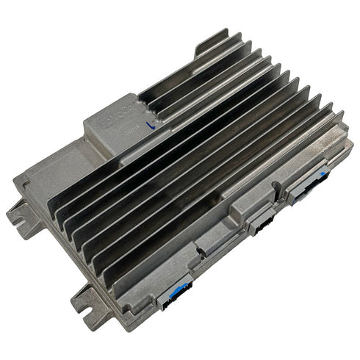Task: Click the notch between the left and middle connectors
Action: click(x=220, y=253)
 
